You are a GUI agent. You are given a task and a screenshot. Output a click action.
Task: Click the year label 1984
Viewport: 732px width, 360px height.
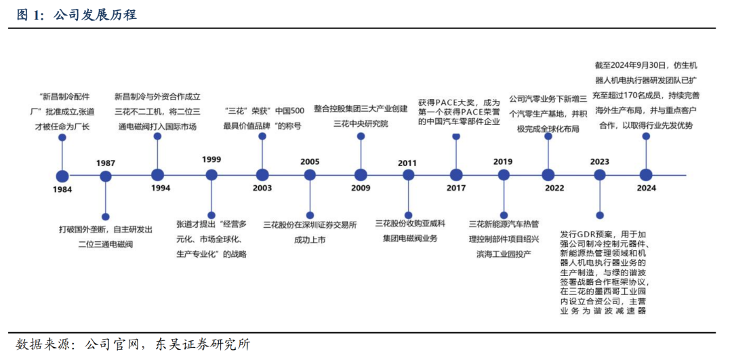pos(62,189)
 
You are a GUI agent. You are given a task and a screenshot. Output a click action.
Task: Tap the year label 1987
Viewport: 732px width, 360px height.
pos(105,163)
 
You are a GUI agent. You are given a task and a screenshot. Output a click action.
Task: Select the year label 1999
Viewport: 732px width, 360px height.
pos(211,159)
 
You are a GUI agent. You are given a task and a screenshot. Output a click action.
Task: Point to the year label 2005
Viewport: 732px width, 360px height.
pos(310,162)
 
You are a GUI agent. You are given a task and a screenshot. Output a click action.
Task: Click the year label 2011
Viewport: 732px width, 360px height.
pos(407,163)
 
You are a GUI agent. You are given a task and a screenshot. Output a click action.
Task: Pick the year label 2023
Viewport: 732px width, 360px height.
pos(599,162)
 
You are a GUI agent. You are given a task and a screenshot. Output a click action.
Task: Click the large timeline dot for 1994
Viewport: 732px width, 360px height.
pos(157,175)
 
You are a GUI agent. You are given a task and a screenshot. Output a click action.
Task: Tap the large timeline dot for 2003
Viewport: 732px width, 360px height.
pos(262,175)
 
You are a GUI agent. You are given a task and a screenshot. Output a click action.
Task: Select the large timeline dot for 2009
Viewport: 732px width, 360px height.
pos(361,175)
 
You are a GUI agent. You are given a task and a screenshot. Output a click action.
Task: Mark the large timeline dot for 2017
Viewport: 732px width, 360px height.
pos(456,175)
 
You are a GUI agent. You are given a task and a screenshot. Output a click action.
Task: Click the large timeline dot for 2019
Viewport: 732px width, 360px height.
pos(503,175)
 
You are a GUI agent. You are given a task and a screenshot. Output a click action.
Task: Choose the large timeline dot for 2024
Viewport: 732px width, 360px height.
pos(646,175)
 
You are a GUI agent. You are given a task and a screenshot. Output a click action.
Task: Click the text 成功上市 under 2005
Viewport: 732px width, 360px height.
pos(310,239)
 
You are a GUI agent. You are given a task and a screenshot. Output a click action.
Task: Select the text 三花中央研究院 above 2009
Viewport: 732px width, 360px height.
pos(361,123)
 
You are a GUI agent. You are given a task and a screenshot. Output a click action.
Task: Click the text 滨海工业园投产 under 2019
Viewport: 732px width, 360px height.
pos(504,253)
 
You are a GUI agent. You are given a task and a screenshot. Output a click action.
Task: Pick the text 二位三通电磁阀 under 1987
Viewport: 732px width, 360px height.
pos(106,244)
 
